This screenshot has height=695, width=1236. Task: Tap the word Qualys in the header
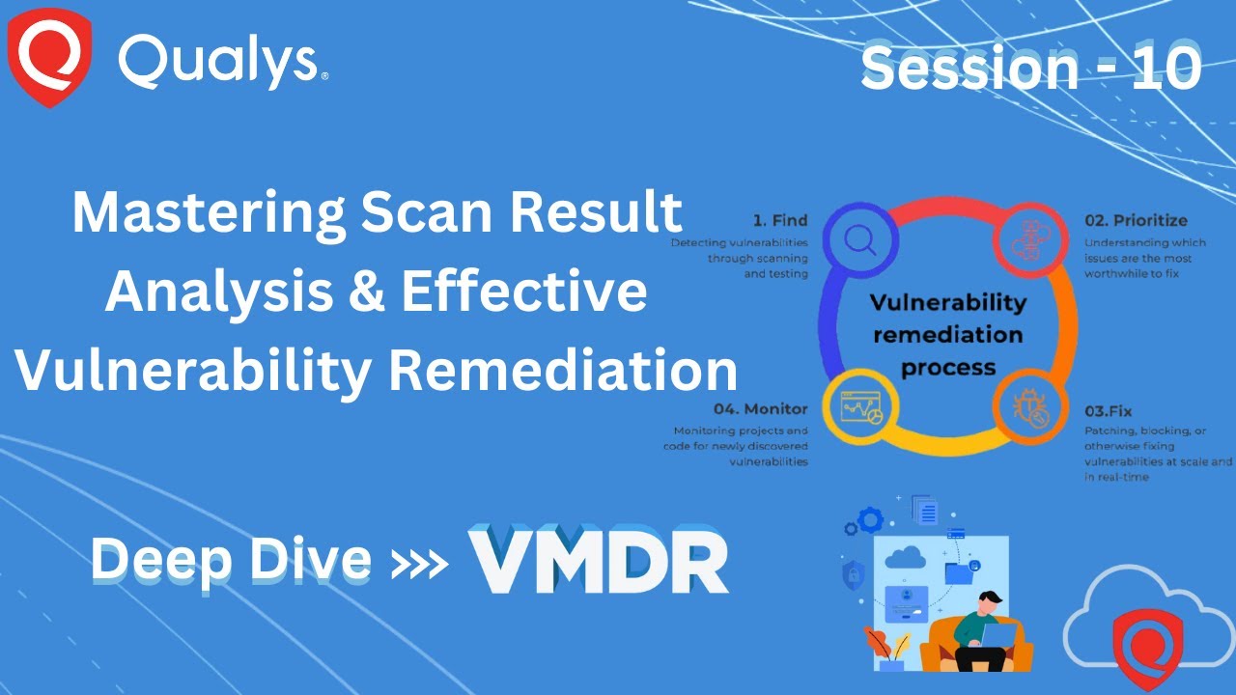218,62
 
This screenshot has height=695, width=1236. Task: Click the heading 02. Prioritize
1135,220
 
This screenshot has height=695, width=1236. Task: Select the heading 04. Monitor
761,408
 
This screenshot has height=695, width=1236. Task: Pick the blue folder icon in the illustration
960,572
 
